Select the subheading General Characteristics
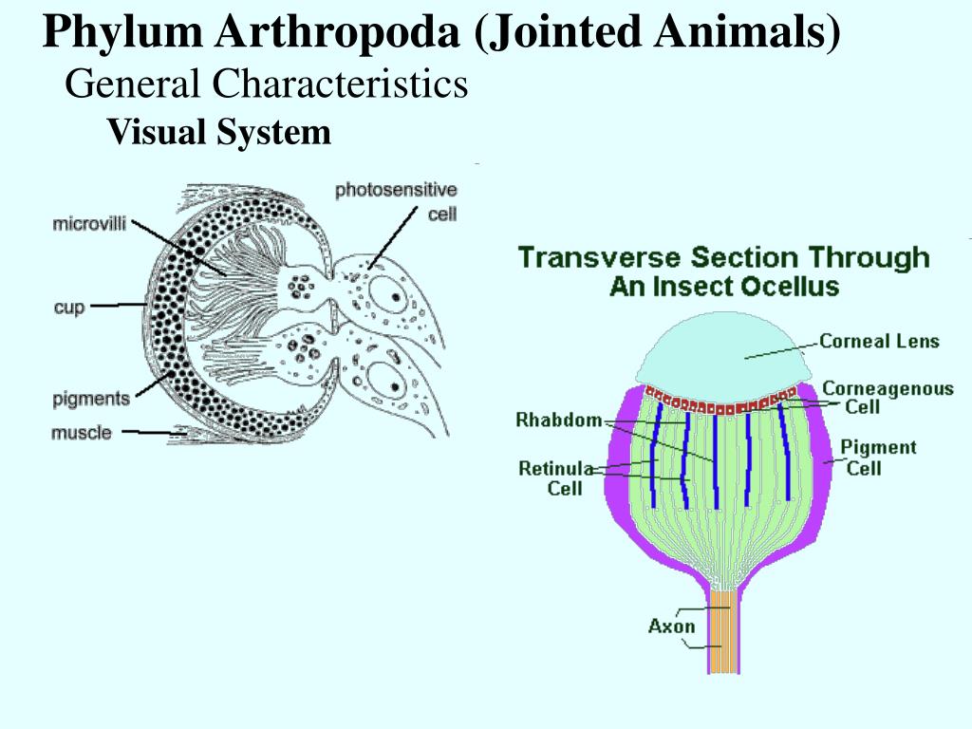click(267, 85)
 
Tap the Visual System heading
click(219, 133)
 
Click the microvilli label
click(89, 225)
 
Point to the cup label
click(69, 307)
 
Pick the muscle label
click(81, 433)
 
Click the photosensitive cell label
click(396, 201)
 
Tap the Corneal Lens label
click(879, 341)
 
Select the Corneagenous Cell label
click(874, 397)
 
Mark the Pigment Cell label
click(878, 457)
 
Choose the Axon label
click(672, 626)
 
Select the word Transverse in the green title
click(600, 257)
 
